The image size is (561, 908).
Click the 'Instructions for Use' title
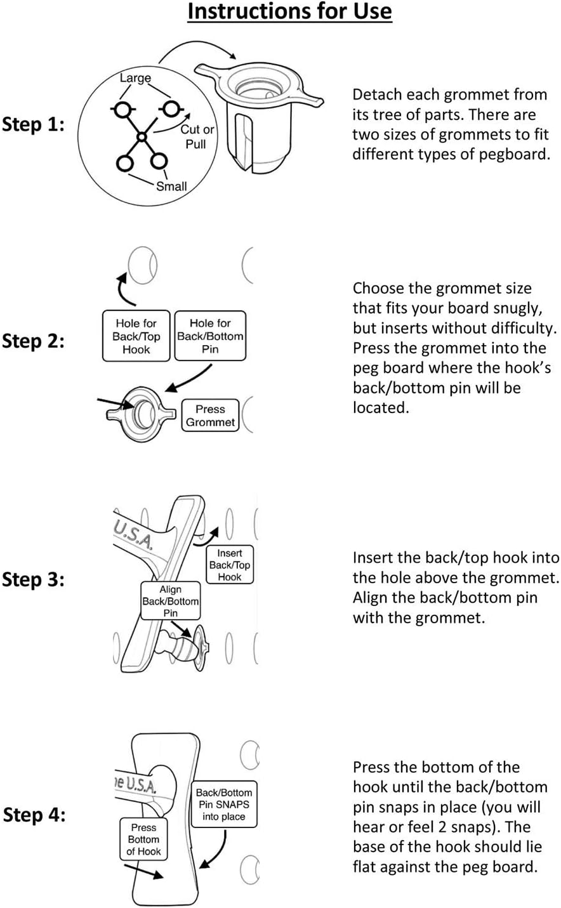[x=289, y=12]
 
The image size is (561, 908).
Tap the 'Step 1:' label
[x=33, y=124]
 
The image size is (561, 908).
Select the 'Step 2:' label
[x=33, y=341]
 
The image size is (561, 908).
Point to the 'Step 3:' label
[x=33, y=579]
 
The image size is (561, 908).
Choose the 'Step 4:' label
[x=34, y=815]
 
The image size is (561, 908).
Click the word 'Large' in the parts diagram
[x=135, y=78]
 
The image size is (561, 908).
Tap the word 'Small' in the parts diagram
[x=171, y=187]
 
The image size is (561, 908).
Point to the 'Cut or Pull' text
[x=197, y=136]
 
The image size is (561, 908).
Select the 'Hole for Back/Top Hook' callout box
[x=136, y=336]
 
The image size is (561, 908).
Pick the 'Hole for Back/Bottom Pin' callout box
[x=210, y=336]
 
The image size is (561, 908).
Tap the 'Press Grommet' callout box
[x=210, y=416]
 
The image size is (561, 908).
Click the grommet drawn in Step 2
[x=141, y=414]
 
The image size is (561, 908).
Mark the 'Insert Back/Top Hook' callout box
[x=230, y=565]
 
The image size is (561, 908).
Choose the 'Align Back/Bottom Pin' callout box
[x=170, y=601]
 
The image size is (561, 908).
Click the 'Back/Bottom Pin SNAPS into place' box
[x=224, y=804]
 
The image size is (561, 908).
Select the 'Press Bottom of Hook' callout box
[x=143, y=839]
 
